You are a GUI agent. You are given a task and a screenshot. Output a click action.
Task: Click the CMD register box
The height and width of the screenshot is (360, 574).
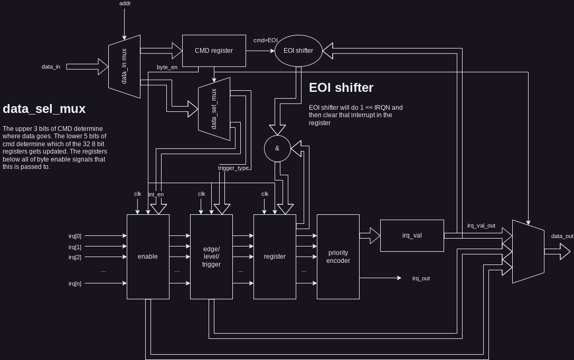click(214, 51)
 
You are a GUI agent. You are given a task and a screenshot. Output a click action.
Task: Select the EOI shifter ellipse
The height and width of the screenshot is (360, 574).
click(298, 51)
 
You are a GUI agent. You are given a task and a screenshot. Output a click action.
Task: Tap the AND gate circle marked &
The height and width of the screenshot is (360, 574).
click(277, 148)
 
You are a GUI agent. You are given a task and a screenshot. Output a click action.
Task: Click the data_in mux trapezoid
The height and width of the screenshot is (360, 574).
click(125, 67)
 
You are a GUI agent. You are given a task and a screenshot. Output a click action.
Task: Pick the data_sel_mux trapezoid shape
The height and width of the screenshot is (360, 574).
click(214, 109)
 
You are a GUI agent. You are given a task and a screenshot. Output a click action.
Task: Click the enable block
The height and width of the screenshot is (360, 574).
click(148, 257)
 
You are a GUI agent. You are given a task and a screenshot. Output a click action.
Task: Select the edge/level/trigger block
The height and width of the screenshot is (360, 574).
click(211, 257)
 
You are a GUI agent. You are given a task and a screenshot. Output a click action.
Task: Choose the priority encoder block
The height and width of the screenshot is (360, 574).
click(338, 257)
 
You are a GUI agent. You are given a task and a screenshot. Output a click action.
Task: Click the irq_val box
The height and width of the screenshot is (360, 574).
click(412, 235)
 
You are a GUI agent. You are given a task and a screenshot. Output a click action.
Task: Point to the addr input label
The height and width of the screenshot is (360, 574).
click(125, 4)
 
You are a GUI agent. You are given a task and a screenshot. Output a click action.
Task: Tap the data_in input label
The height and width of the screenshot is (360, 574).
click(51, 67)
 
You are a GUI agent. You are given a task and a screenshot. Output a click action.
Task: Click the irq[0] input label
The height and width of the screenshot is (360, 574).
click(75, 236)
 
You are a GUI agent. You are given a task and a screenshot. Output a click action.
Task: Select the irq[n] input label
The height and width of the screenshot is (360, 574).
click(75, 283)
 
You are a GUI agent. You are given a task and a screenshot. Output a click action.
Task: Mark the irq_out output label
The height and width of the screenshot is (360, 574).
click(421, 278)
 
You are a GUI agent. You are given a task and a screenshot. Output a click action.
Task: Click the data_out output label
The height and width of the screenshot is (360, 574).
click(562, 236)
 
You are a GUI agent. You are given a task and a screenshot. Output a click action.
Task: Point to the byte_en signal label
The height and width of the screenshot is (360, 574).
click(167, 67)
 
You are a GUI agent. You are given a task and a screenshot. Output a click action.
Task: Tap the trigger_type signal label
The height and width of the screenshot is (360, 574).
click(233, 168)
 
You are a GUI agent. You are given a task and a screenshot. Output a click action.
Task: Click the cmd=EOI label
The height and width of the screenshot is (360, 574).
click(265, 40)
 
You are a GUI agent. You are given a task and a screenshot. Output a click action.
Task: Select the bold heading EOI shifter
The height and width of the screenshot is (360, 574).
click(341, 88)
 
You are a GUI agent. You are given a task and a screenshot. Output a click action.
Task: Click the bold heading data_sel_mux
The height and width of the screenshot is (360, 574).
click(44, 109)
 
